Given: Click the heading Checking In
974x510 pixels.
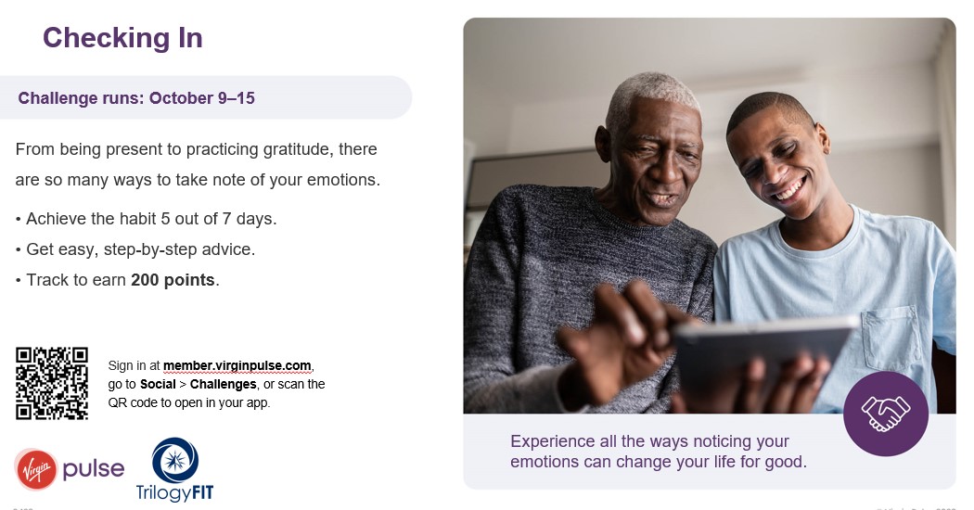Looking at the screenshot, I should (x=122, y=37).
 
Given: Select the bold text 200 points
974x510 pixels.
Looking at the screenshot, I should (x=173, y=280).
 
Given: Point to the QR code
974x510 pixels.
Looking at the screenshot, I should (x=52, y=382).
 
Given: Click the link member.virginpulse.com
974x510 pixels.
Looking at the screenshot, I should (x=237, y=365).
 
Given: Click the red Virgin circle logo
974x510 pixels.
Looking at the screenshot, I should (x=35, y=469).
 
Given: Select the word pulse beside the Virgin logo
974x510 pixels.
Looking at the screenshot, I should (x=93, y=468).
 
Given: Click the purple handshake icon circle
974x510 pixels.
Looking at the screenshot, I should (x=885, y=414).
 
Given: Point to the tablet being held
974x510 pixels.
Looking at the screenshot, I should (x=761, y=352).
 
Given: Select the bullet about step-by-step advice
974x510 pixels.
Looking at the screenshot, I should (x=135, y=249).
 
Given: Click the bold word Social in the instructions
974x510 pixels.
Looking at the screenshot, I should (x=158, y=384).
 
